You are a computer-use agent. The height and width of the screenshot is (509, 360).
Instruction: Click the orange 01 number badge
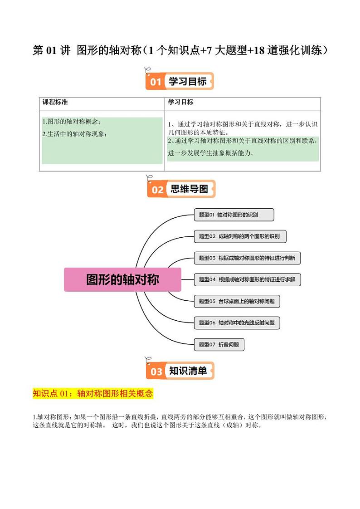tap(156, 82)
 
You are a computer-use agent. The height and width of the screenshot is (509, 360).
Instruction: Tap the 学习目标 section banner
tap(187, 82)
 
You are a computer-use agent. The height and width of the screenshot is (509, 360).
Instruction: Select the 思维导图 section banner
tap(189, 189)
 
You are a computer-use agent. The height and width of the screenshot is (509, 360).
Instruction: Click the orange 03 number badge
tap(156, 372)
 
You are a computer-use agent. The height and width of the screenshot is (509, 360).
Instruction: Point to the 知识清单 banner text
tap(188, 371)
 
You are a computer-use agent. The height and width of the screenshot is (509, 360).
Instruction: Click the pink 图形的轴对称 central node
tap(122, 279)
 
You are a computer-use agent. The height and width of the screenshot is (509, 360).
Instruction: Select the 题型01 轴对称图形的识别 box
tap(234, 215)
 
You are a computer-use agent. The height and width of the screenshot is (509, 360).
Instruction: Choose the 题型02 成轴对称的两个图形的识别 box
tap(240, 236)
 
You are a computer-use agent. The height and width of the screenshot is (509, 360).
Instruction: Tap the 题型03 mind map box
tap(247, 258)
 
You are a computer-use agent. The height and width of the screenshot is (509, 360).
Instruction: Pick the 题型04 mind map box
tap(247, 279)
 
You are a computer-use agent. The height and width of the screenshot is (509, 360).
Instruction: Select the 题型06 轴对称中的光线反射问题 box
tap(237, 323)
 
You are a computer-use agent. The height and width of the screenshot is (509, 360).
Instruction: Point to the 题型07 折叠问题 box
tap(219, 344)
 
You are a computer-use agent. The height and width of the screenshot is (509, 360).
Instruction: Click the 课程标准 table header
tap(55, 103)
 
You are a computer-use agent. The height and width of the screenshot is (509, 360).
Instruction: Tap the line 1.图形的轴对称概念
tap(71, 122)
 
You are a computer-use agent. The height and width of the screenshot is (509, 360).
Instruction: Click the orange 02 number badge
tap(157, 190)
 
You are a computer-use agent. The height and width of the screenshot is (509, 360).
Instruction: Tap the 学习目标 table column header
tap(180, 103)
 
